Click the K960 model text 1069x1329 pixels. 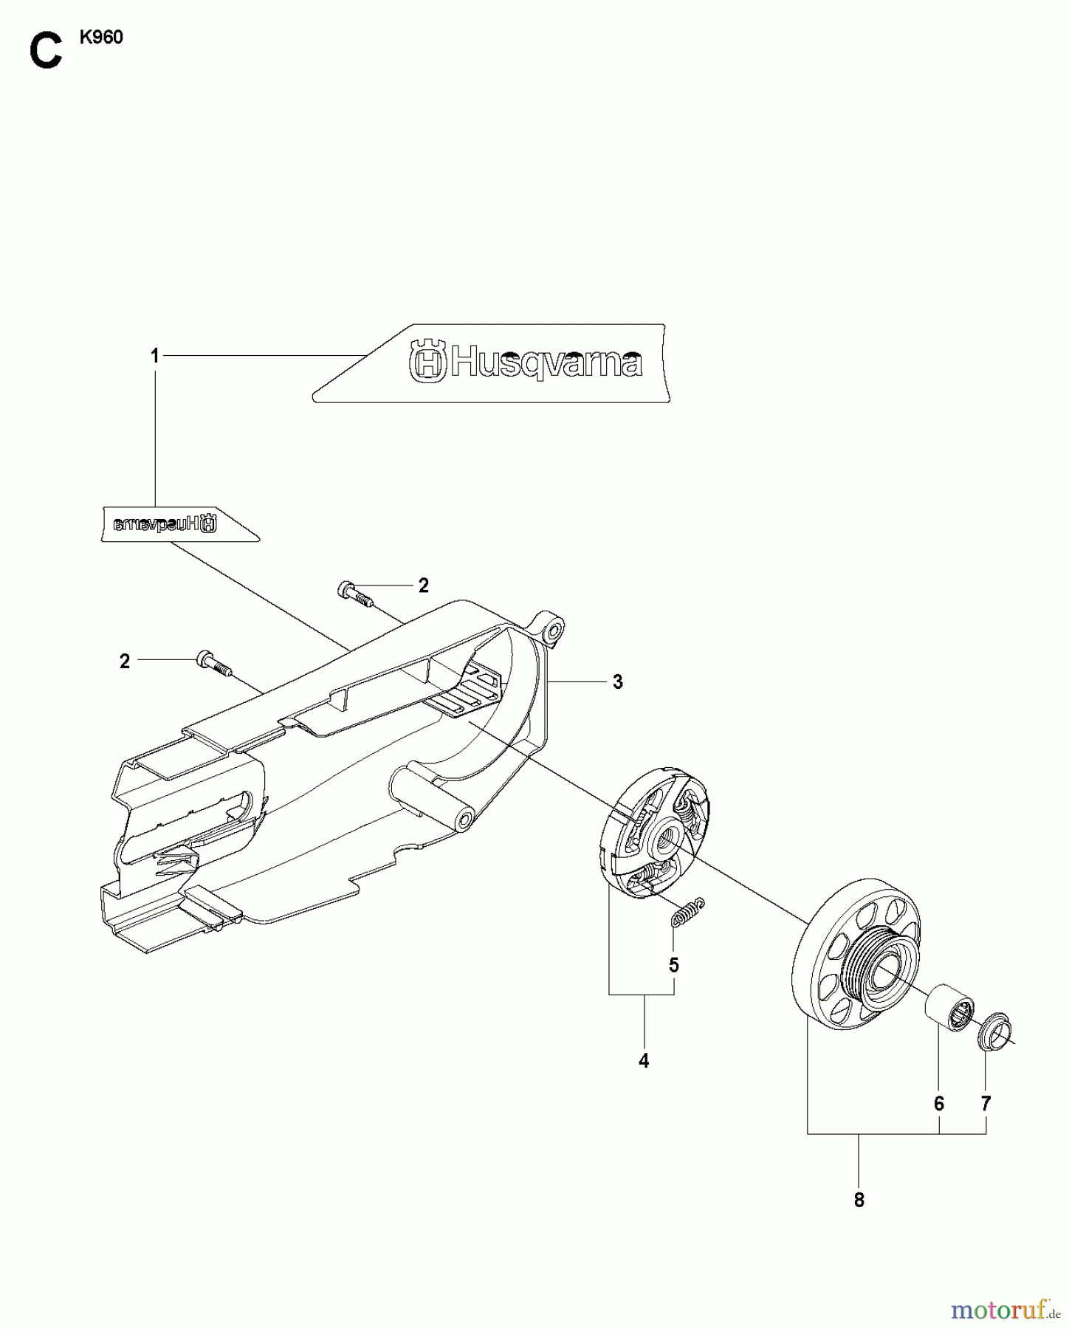(x=101, y=38)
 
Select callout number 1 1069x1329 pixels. (x=155, y=357)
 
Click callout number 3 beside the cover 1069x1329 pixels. (x=617, y=682)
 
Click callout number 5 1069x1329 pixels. (x=673, y=965)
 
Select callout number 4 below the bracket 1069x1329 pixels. (x=644, y=1061)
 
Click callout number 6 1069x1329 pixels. (x=938, y=1104)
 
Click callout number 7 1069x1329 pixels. (x=986, y=1104)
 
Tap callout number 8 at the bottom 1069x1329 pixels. (x=859, y=1201)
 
